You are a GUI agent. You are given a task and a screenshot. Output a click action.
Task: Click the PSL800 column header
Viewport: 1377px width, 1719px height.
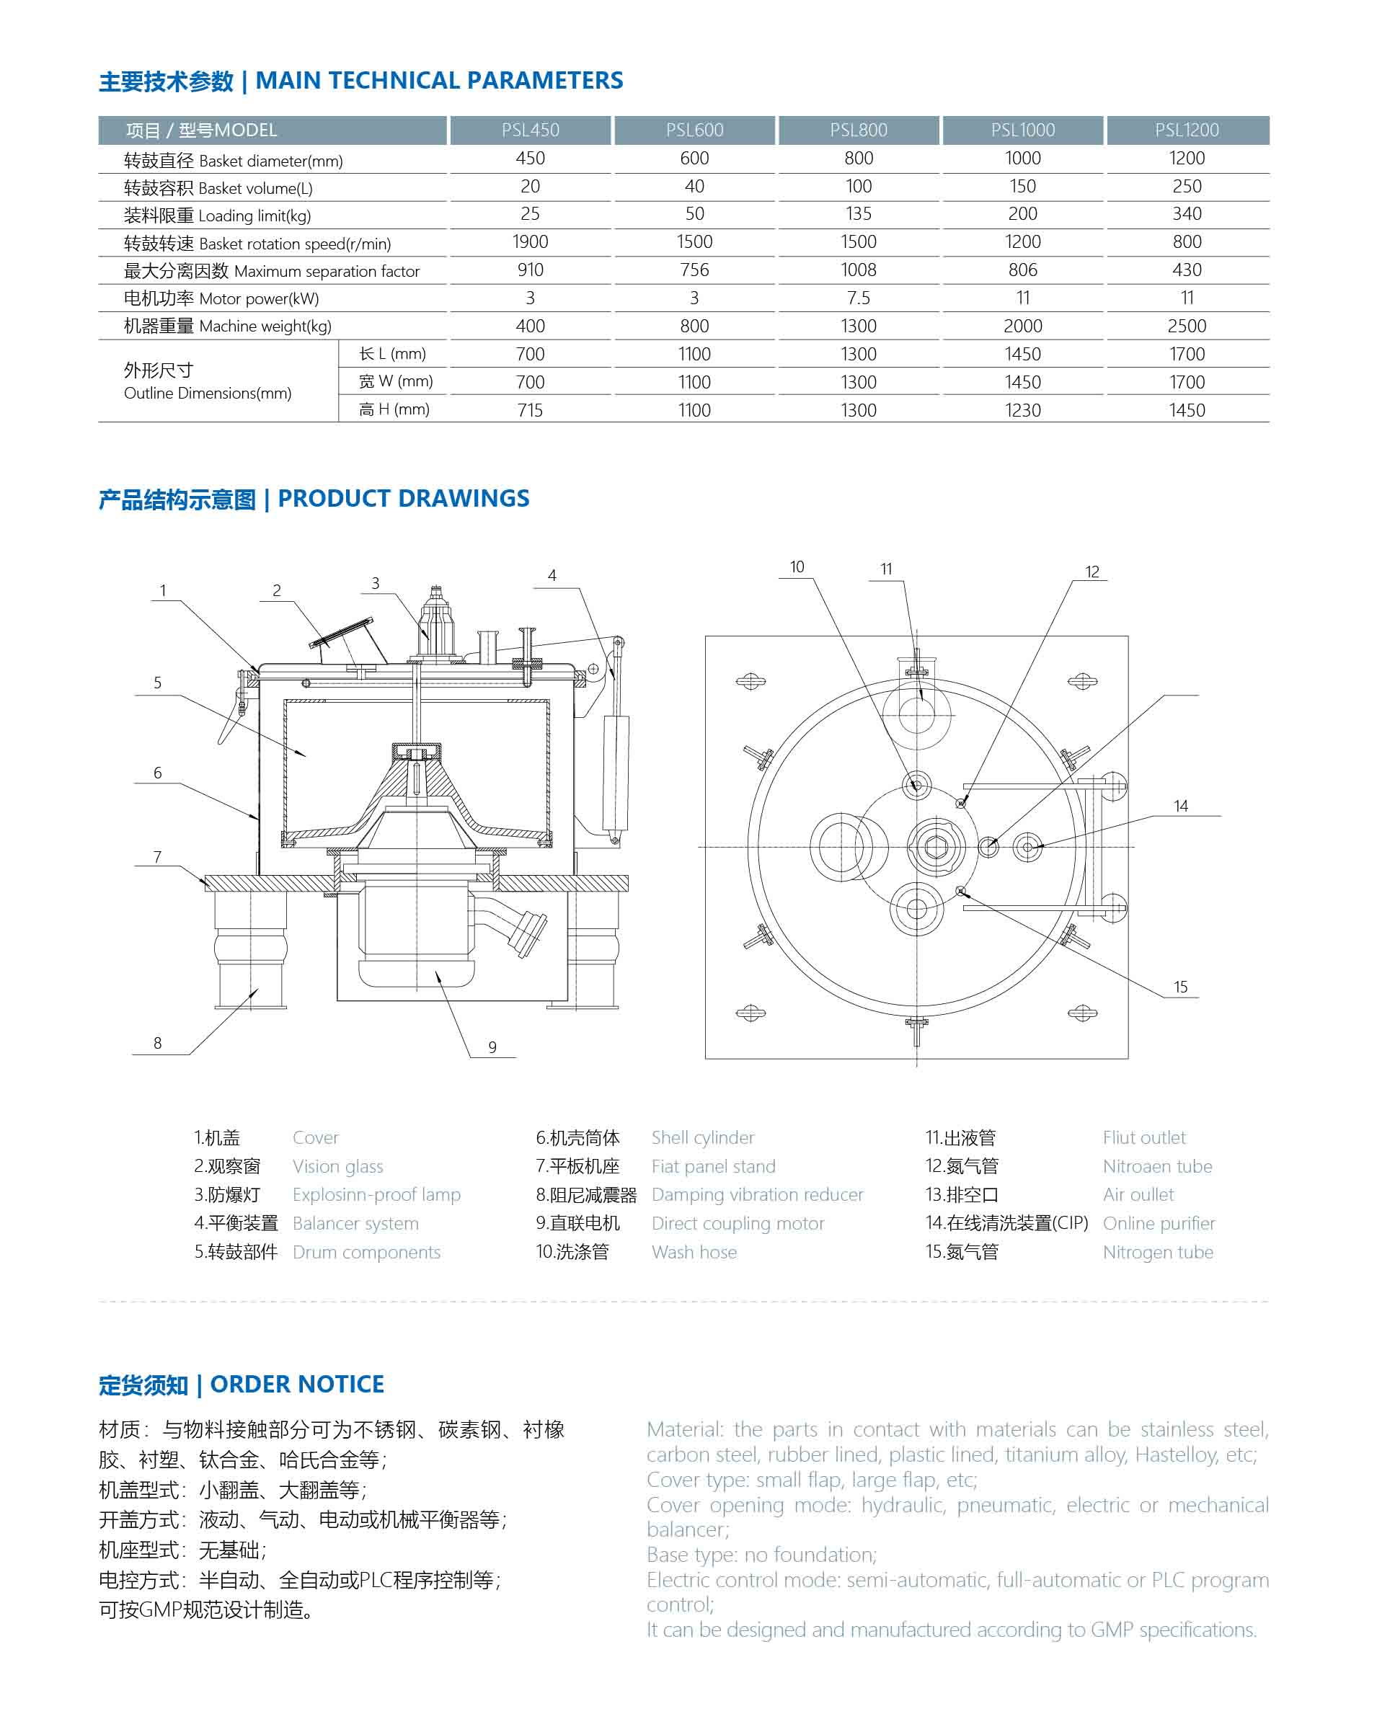tap(858, 130)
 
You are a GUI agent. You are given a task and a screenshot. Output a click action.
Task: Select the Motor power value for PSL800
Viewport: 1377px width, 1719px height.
tap(858, 298)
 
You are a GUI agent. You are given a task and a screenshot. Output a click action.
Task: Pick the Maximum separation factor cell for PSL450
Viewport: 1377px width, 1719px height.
tap(530, 270)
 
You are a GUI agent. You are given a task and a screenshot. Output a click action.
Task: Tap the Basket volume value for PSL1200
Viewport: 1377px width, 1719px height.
tap(1187, 187)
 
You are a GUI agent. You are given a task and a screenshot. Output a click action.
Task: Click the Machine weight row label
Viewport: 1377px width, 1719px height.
tap(227, 326)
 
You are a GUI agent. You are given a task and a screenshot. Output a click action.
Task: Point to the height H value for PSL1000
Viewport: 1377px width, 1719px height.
tap(1022, 411)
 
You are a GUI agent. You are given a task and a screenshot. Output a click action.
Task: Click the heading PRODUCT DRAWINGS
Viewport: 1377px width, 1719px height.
tap(403, 498)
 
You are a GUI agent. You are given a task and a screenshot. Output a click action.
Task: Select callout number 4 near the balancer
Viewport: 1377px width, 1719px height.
tap(552, 576)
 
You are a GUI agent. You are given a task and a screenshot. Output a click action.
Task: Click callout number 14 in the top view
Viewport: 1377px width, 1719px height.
tap(1181, 806)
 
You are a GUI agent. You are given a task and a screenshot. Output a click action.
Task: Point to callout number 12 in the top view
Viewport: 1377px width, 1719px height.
tap(1092, 572)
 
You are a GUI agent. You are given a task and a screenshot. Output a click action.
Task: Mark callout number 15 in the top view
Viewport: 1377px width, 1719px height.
tap(1181, 987)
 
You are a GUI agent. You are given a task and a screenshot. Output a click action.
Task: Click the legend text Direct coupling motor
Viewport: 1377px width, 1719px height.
tap(738, 1223)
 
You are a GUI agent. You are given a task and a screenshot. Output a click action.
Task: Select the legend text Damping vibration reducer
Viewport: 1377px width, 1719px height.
tap(757, 1194)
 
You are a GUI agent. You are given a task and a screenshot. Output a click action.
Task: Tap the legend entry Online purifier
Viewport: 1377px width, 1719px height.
tap(1159, 1223)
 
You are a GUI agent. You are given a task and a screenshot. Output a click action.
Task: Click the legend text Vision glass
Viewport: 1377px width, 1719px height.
tap(337, 1166)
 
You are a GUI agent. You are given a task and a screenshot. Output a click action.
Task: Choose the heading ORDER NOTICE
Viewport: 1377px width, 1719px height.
tap(296, 1384)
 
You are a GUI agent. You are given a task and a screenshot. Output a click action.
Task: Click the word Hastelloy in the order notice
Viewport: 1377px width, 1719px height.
tap(1175, 1454)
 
